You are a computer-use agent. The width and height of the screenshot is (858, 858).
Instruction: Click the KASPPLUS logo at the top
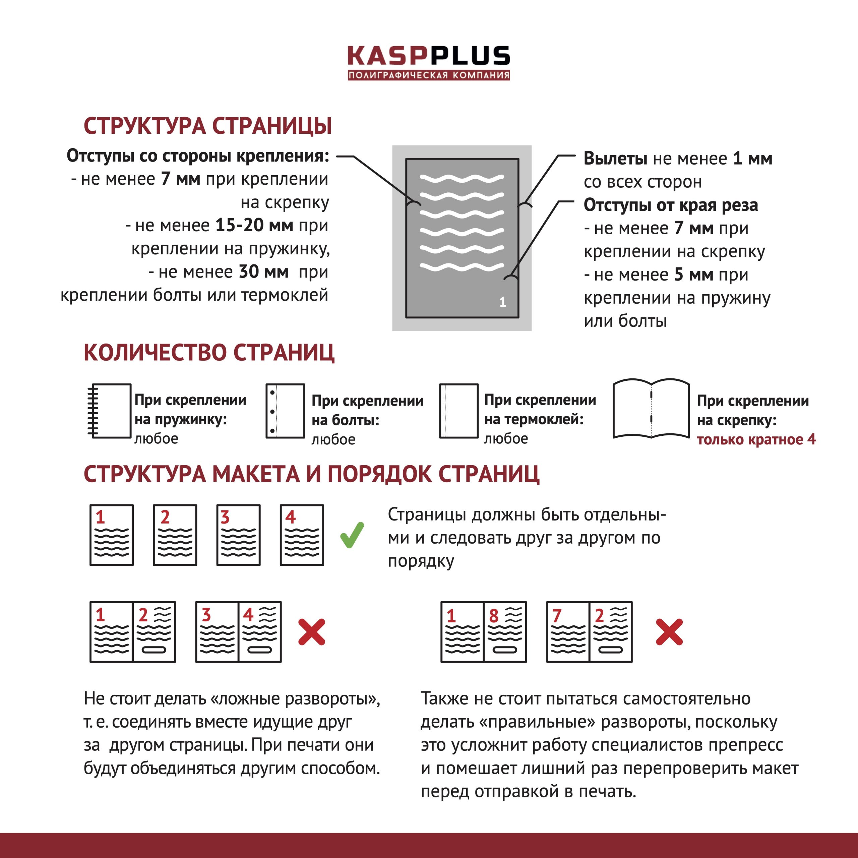click(x=429, y=63)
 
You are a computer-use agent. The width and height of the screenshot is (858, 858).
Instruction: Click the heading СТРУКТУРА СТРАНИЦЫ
click(x=208, y=126)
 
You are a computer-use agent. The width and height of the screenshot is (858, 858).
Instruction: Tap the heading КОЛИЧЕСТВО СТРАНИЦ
click(x=209, y=353)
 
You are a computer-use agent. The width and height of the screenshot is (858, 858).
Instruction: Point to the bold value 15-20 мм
click(x=254, y=225)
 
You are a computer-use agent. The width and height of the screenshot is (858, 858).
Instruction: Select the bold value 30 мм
click(x=264, y=272)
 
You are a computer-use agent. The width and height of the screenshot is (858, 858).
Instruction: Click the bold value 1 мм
click(x=752, y=159)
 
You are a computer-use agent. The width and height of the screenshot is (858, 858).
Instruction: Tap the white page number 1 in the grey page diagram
click(x=502, y=302)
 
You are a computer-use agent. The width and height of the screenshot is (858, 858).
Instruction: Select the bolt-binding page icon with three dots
click(x=285, y=411)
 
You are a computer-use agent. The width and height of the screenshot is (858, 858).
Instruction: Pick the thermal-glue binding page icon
click(x=459, y=411)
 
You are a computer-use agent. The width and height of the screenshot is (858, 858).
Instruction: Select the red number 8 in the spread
click(x=493, y=616)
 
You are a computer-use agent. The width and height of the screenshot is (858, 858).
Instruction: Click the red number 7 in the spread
click(x=556, y=616)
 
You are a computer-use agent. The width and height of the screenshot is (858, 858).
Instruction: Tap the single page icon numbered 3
click(x=239, y=535)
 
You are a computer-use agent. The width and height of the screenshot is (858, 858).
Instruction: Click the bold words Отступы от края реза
click(x=671, y=205)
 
